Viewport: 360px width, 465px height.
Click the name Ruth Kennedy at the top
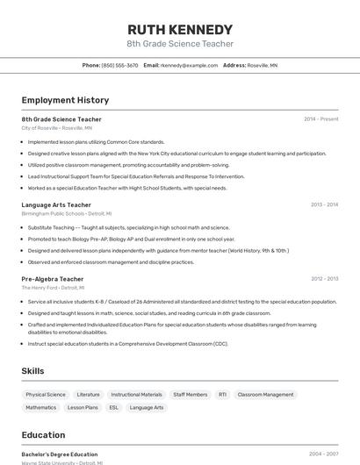(180, 29)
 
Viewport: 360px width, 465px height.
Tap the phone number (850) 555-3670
(119, 65)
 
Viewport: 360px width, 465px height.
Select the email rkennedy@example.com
(189, 65)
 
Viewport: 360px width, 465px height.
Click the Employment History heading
(65, 100)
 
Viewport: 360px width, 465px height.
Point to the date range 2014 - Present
(320, 119)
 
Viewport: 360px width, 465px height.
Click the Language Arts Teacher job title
(57, 204)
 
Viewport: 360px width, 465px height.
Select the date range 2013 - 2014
(324, 204)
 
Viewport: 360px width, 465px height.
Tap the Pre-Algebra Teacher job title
(53, 279)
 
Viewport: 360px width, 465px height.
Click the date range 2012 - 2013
(324, 279)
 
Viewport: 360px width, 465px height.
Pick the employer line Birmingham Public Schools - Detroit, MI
(65, 213)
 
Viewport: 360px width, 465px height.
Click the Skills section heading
(33, 371)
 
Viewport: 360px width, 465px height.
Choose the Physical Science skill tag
(46, 395)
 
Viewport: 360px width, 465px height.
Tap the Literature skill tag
(89, 395)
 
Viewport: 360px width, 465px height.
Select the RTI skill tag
(222, 395)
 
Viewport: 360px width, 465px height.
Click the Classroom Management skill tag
(265, 395)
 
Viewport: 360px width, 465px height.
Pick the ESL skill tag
(113, 407)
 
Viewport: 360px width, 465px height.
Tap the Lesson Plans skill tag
(83, 407)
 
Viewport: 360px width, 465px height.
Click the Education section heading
(43, 434)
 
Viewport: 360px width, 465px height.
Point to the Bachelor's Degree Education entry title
(60, 454)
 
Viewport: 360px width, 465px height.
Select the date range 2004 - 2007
(323, 454)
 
